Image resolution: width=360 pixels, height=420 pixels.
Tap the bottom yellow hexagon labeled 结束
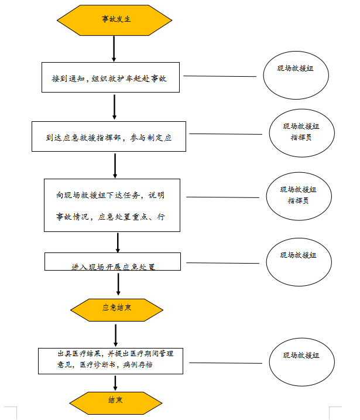pos(115,401)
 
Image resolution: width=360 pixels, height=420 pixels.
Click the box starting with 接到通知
pos(110,77)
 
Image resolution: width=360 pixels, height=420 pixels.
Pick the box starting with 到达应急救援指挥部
pos(108,136)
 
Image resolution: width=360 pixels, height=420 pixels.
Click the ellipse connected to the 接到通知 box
pos(296,75)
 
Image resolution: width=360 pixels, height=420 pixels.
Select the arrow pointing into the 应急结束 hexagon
pos(118,284)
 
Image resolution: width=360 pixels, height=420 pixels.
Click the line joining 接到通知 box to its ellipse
pos(220,76)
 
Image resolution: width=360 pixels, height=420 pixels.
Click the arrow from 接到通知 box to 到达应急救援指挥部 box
pos(114,107)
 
